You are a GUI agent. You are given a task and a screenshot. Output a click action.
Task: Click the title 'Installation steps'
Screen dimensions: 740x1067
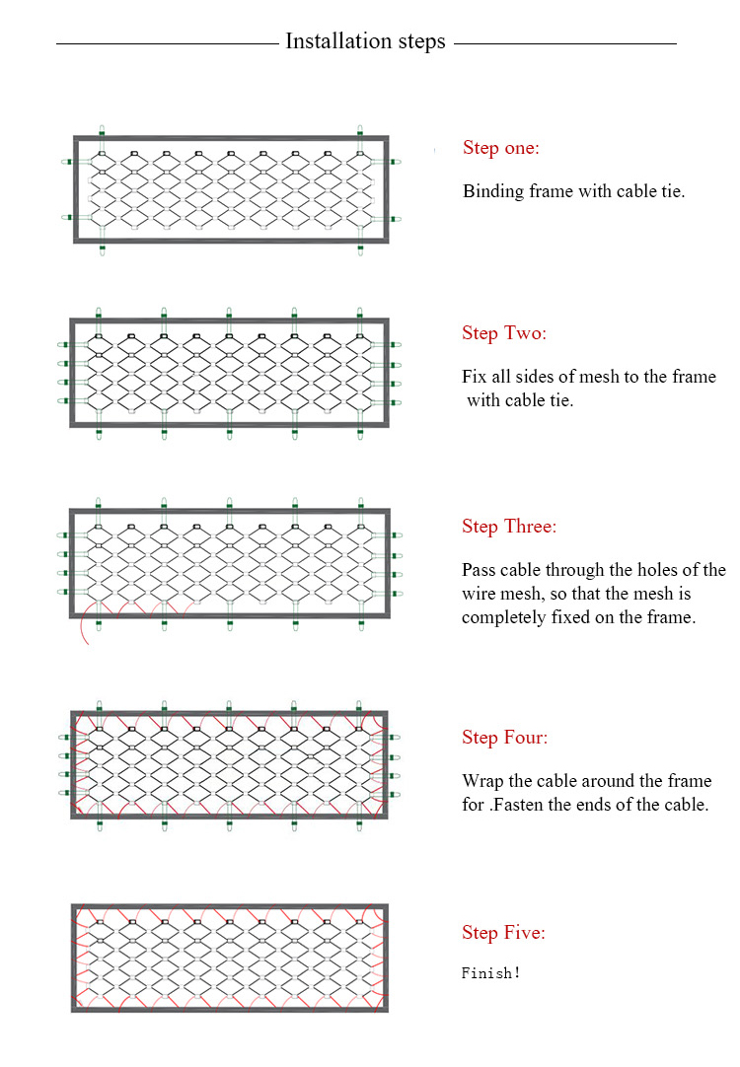click(365, 41)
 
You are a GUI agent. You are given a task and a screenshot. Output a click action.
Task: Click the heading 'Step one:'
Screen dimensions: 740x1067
click(501, 148)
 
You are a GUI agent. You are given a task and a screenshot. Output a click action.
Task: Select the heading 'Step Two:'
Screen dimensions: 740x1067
click(504, 332)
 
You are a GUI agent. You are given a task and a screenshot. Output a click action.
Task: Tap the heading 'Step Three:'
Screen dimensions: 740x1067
click(509, 526)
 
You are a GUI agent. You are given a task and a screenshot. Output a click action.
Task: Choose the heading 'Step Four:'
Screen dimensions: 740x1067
click(505, 737)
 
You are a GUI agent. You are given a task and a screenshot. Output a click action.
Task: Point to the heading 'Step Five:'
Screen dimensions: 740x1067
click(504, 932)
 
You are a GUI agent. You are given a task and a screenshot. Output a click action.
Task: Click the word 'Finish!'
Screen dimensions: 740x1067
click(490, 973)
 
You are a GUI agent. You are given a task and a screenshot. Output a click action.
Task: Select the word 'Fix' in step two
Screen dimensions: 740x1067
click(473, 377)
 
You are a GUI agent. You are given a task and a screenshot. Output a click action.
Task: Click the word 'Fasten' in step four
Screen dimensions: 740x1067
click(519, 805)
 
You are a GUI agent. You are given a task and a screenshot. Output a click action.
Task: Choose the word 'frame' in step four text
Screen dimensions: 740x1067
click(690, 780)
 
